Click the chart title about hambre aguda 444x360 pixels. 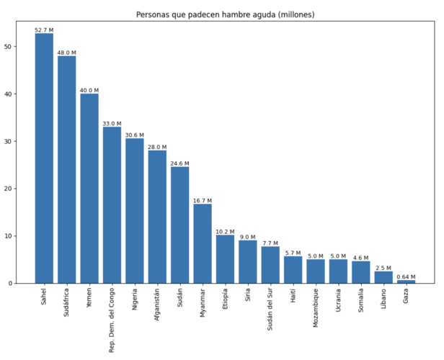pos(226,14)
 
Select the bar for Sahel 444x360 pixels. pos(44,158)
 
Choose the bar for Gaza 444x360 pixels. pos(406,282)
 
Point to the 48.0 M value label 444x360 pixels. pos(67,53)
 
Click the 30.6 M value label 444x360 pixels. pos(135,135)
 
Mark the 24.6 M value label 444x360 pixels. pos(179,163)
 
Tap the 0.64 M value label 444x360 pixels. pos(406,277)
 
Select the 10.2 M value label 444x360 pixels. pos(225,232)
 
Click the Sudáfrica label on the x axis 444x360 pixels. pos(67,305)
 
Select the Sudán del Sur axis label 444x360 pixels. pos(270,311)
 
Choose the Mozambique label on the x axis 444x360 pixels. pos(315,310)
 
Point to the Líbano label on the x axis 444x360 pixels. pos(383,301)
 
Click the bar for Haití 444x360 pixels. pos(293,270)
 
